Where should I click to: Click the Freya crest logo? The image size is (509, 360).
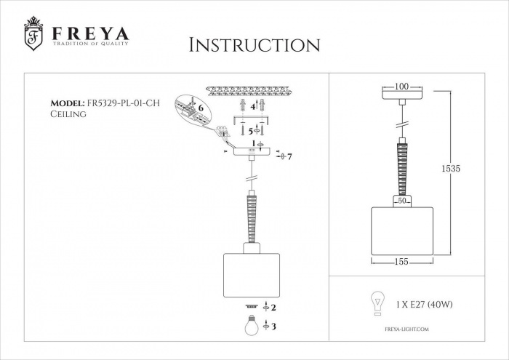click(x=33, y=34)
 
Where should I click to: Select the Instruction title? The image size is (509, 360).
click(x=254, y=44)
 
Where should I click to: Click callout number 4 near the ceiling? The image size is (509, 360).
click(x=253, y=106)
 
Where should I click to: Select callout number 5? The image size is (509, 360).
click(x=251, y=131)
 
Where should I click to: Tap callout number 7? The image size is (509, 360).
click(x=289, y=157)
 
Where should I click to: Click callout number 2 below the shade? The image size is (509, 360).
click(x=273, y=308)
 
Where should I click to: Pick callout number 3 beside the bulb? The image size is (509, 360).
click(x=273, y=327)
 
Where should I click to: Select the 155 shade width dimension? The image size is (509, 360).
click(x=401, y=261)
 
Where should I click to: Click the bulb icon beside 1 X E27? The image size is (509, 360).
click(x=377, y=303)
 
